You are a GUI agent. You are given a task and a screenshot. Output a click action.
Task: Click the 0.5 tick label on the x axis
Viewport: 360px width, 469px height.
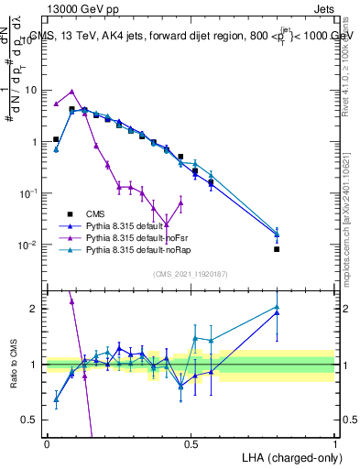(x=191, y=442)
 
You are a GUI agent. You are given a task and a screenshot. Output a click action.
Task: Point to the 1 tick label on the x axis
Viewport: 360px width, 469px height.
(x=334, y=442)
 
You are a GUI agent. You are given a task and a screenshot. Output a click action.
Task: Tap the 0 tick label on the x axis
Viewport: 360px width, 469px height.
(x=47, y=442)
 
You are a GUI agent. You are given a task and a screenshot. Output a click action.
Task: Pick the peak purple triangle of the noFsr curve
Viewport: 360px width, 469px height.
(x=71, y=92)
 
